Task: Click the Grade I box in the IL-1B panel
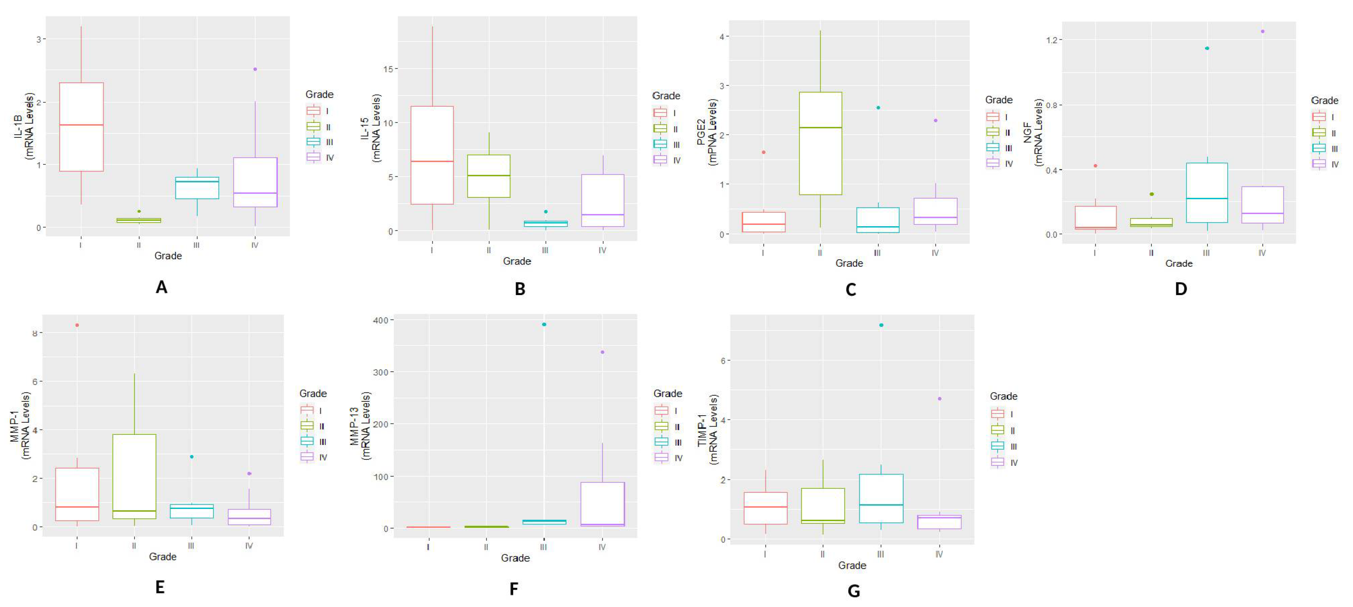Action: pyautogui.click(x=81, y=127)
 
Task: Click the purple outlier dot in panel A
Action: pyautogui.click(x=255, y=69)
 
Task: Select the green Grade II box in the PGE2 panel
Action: pyautogui.click(x=820, y=143)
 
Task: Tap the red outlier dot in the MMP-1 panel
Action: pyautogui.click(x=77, y=325)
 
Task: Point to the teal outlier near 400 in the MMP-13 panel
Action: pyautogui.click(x=544, y=324)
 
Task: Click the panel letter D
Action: pyautogui.click(x=1180, y=288)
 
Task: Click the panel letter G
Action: pyautogui.click(x=854, y=591)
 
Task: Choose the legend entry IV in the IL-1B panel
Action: pyautogui.click(x=329, y=157)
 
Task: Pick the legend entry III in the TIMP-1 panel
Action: pyautogui.click(x=1013, y=446)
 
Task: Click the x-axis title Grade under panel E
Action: pyautogui.click(x=162, y=556)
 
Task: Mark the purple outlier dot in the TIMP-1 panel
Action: pyautogui.click(x=940, y=398)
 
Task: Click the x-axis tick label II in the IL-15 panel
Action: pyautogui.click(x=489, y=250)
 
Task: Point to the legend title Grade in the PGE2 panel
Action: pyautogui.click(x=998, y=100)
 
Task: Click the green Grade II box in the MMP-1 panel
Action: pyautogui.click(x=135, y=476)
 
